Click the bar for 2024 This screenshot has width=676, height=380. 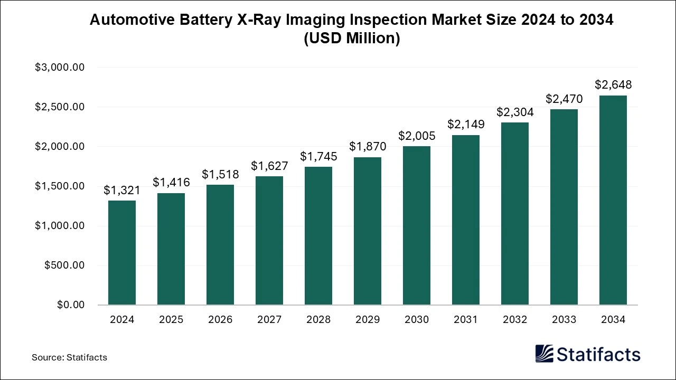pyautogui.click(x=122, y=253)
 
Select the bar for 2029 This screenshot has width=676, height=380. pyautogui.click(x=368, y=231)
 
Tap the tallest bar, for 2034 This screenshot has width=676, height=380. pyautogui.click(x=613, y=201)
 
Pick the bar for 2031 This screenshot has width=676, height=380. pyautogui.click(x=466, y=220)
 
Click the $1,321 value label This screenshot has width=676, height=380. pyautogui.click(x=122, y=190)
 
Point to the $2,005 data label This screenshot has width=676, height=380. pyautogui.click(x=417, y=136)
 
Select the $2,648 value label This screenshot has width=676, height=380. pyautogui.click(x=613, y=85)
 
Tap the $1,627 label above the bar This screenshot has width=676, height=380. pyautogui.click(x=269, y=166)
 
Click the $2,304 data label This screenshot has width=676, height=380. pyautogui.click(x=515, y=112)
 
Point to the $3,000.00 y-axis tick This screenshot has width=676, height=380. pyautogui.click(x=60, y=68)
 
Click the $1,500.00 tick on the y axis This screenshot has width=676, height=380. pyautogui.click(x=60, y=186)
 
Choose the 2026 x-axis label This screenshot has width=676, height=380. pyautogui.click(x=220, y=320)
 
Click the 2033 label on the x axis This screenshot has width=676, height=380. pyautogui.click(x=564, y=320)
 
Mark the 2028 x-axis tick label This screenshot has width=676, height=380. pyautogui.click(x=318, y=320)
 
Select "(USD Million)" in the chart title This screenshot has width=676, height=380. pyautogui.click(x=352, y=39)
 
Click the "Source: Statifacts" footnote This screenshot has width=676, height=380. pyautogui.click(x=69, y=357)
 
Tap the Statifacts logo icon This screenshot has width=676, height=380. pyautogui.click(x=544, y=354)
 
